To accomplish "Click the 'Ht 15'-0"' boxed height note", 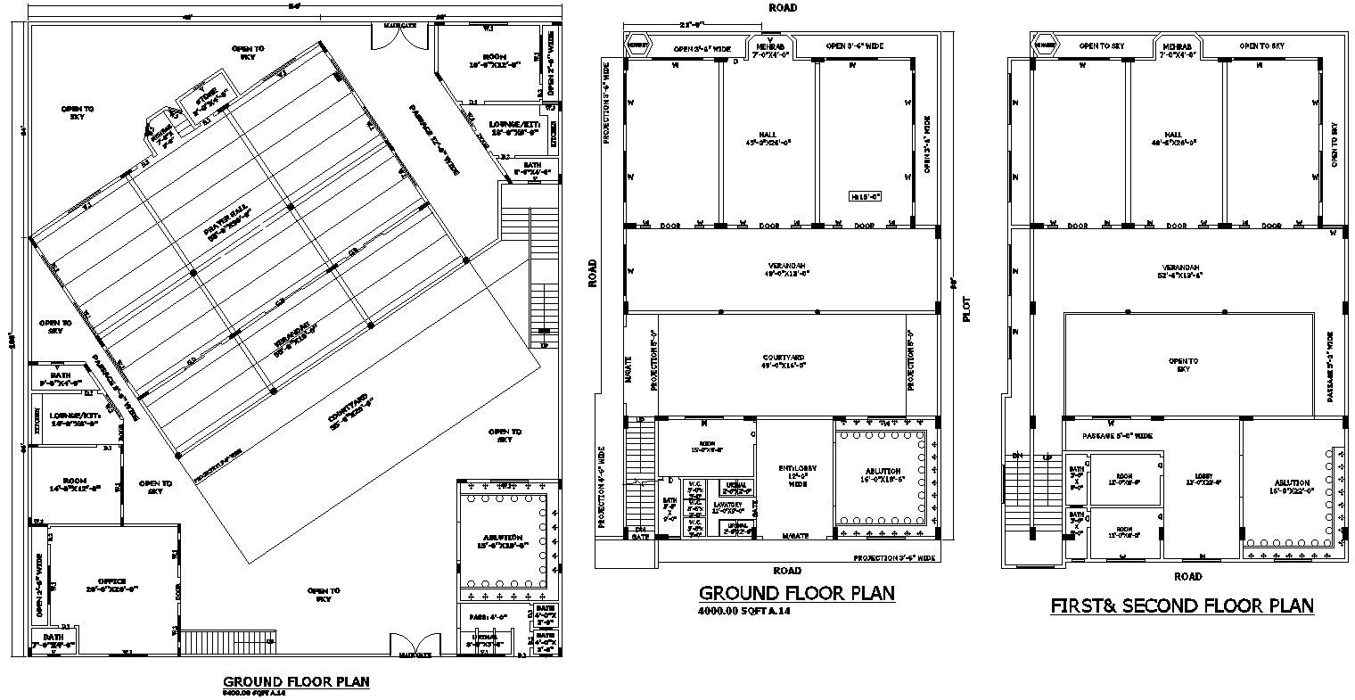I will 865,194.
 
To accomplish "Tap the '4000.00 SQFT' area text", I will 743,612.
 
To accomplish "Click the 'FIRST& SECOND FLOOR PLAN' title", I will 1182,606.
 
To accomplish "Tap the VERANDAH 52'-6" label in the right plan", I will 1181,271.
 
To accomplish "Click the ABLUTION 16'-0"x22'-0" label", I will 1292,486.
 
